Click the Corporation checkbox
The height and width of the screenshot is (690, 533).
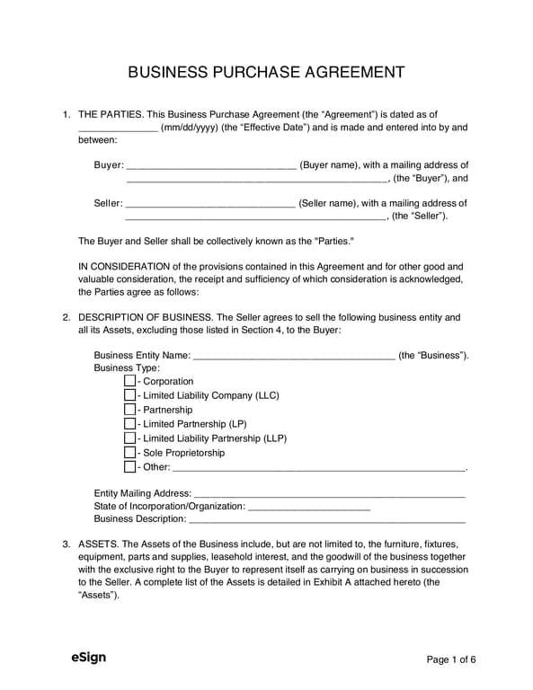[130, 382]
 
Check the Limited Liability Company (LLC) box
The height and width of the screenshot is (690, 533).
[130, 396]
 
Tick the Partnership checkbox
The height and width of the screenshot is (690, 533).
[130, 411]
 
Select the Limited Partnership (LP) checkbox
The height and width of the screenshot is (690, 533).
[130, 424]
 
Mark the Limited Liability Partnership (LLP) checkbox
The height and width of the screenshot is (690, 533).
[130, 438]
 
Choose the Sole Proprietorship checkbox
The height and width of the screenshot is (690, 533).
[130, 453]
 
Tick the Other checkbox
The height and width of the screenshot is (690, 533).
[130, 467]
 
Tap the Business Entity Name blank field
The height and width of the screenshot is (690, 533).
[294, 357]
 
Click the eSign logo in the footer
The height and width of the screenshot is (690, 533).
[89, 658]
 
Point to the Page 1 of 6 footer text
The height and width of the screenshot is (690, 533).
[450, 659]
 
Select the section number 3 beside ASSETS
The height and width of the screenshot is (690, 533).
[66, 544]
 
